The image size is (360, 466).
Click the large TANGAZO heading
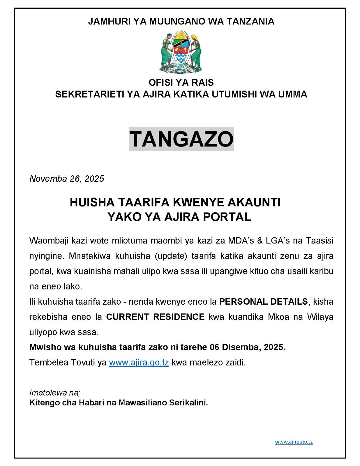181,139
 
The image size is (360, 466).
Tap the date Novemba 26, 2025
67,179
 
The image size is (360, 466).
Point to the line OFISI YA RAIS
181,83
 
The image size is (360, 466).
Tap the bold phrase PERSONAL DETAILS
263,301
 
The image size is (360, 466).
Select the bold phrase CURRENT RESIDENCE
155,317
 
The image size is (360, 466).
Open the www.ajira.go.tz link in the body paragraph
139,363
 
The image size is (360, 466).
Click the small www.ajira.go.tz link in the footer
294,442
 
